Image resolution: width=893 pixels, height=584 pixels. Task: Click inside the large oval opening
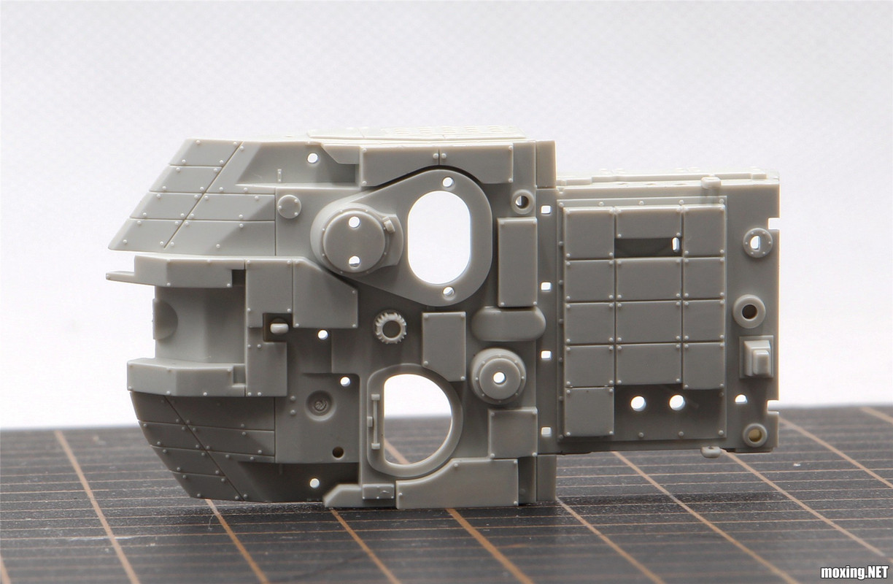438,237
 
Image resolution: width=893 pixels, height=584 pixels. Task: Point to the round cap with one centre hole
498,377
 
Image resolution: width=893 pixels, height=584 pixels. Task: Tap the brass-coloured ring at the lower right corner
754,433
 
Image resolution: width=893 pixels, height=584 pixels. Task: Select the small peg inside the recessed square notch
279,327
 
